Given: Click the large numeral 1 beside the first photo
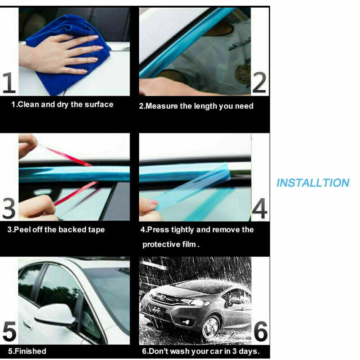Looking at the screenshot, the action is click(9, 83).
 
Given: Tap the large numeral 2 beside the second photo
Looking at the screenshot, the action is click(260, 83).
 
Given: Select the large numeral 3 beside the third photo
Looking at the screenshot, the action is click(9, 208).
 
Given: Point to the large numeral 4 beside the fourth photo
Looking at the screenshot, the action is click(260, 208).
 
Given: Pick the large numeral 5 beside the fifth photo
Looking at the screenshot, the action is click(9, 331).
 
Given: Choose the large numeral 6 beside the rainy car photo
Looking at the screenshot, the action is click(261, 331).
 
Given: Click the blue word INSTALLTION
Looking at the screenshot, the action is click(313, 183).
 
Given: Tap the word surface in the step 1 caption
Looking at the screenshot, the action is click(99, 104).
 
